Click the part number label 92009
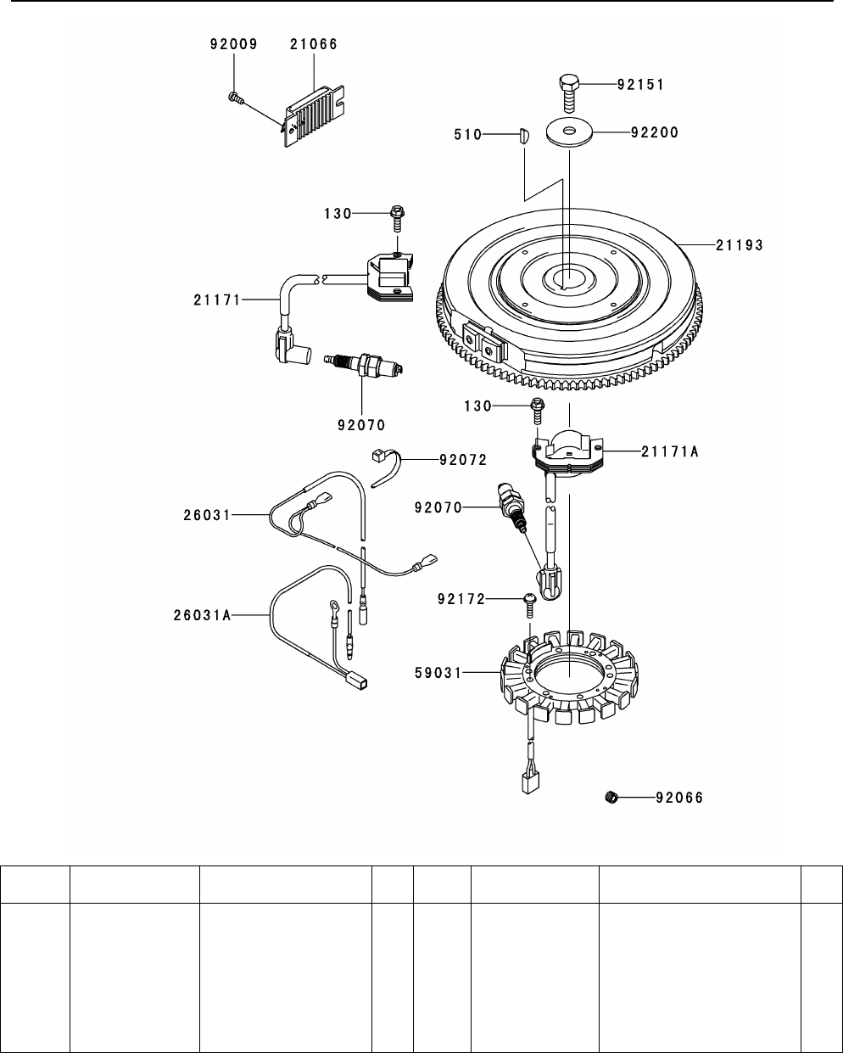[x=233, y=44]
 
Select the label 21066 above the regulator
[x=314, y=44]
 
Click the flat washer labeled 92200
[x=569, y=132]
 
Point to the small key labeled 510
[x=523, y=135]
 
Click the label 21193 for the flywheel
[x=740, y=245]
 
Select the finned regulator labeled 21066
[x=314, y=115]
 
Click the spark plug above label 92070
[x=364, y=366]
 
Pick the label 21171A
[x=670, y=451]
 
